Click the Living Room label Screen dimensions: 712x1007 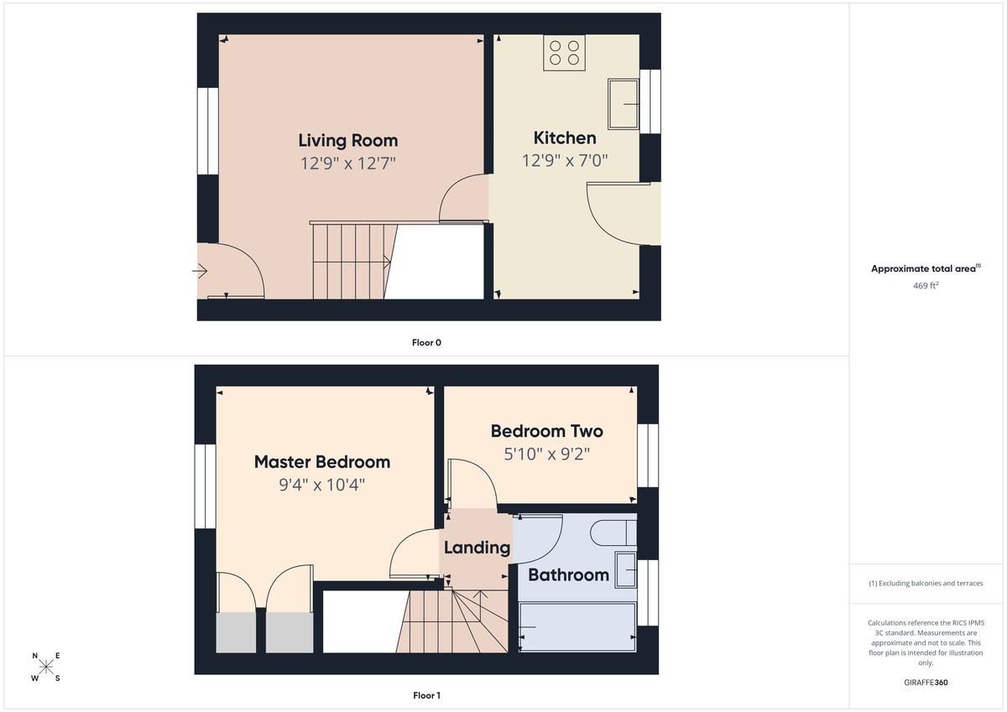pyautogui.click(x=347, y=140)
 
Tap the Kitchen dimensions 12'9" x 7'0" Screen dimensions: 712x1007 pyautogui.click(x=565, y=160)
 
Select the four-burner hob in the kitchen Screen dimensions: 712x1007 pyautogui.click(x=564, y=53)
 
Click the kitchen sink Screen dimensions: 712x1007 pyautogui.click(x=624, y=104)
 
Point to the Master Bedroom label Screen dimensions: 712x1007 pyautogui.click(x=321, y=461)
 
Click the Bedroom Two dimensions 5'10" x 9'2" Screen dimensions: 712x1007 pyautogui.click(x=546, y=455)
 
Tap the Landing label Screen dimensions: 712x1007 pyautogui.click(x=477, y=548)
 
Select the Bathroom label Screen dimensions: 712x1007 pyautogui.click(x=568, y=574)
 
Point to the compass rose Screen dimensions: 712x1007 pyautogui.click(x=46, y=667)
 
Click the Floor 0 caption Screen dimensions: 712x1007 pyautogui.click(x=426, y=342)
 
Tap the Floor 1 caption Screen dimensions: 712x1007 pyautogui.click(x=426, y=695)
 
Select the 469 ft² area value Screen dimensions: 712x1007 pyautogui.click(x=926, y=285)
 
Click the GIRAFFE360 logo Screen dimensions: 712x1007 pyautogui.click(x=926, y=683)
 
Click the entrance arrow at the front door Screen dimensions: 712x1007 pyautogui.click(x=201, y=271)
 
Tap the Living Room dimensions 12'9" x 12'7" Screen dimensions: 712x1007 pyautogui.click(x=347, y=162)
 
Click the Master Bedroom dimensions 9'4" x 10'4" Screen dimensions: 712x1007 pyautogui.click(x=321, y=484)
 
